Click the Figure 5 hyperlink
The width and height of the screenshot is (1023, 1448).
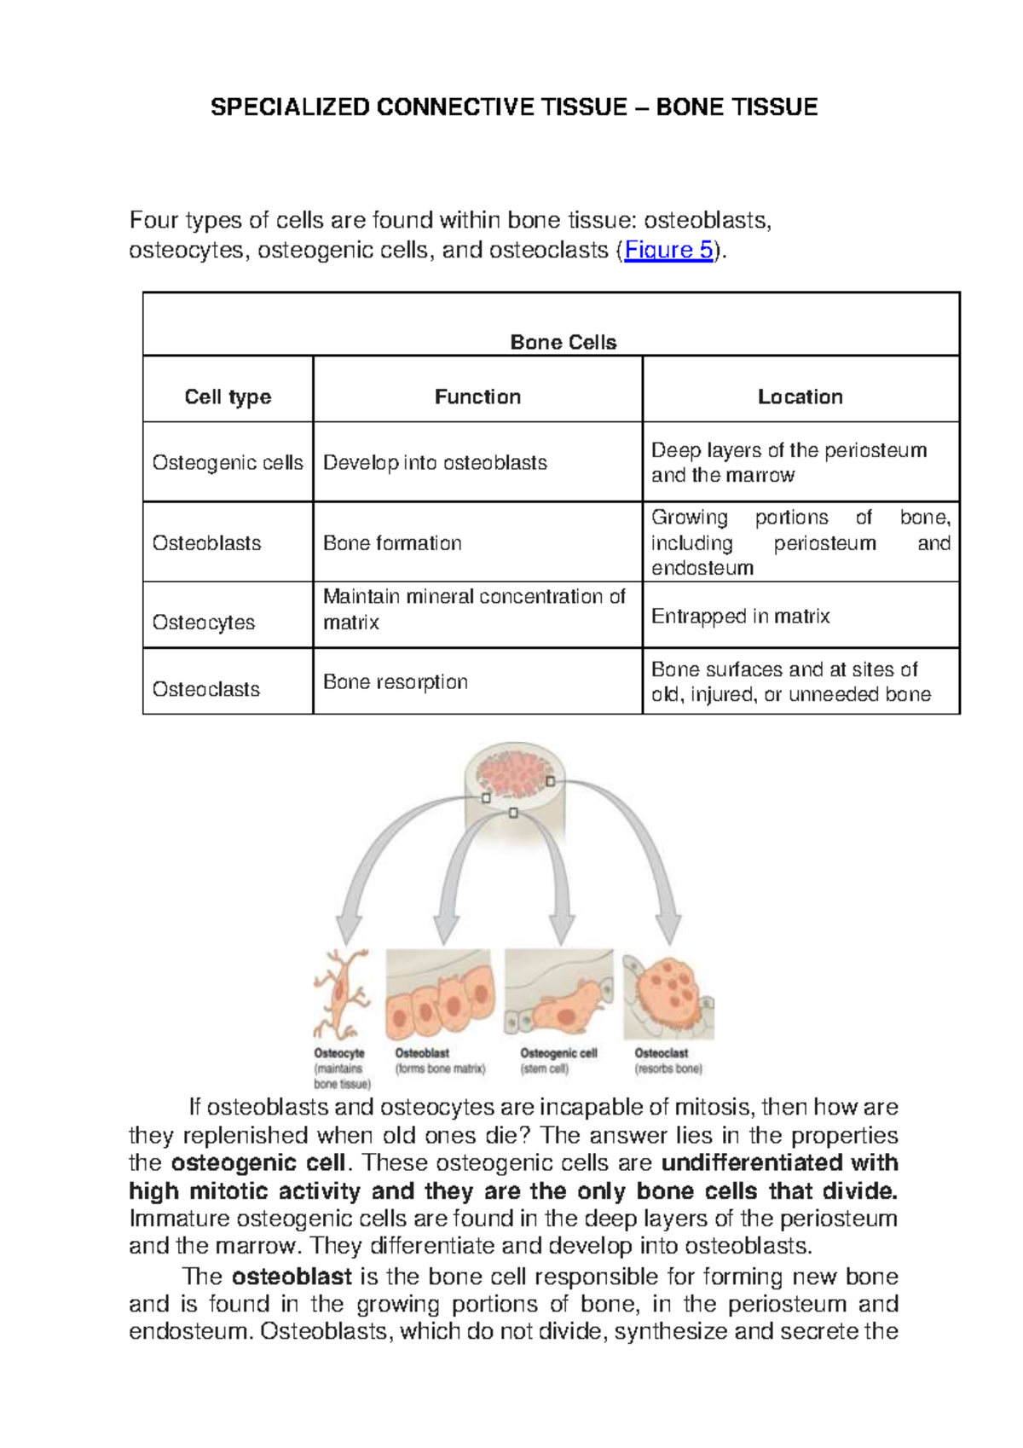(x=668, y=250)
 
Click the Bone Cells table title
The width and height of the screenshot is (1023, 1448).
(x=563, y=342)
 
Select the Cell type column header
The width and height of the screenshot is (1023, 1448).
(x=228, y=397)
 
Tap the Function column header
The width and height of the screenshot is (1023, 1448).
(x=477, y=397)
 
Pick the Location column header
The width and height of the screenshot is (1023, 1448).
(x=800, y=397)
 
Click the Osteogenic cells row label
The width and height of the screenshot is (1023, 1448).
(x=228, y=462)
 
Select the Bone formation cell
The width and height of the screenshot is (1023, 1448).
(x=392, y=543)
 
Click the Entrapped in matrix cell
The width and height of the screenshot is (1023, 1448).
(x=740, y=616)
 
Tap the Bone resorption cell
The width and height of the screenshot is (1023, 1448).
(x=396, y=682)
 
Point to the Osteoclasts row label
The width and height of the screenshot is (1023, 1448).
(x=206, y=689)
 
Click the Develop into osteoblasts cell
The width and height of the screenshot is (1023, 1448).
(x=435, y=462)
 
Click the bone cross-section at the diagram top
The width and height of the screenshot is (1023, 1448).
(x=514, y=780)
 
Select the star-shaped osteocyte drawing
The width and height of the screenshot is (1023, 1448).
(x=341, y=993)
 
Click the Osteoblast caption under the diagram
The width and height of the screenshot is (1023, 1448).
(x=422, y=1053)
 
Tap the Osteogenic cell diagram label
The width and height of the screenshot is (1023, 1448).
(x=558, y=1053)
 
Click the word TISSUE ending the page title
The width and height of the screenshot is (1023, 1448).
(x=777, y=107)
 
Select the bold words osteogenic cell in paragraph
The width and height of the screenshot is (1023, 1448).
(x=257, y=1163)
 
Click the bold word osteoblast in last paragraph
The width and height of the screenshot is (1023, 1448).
(x=292, y=1277)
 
